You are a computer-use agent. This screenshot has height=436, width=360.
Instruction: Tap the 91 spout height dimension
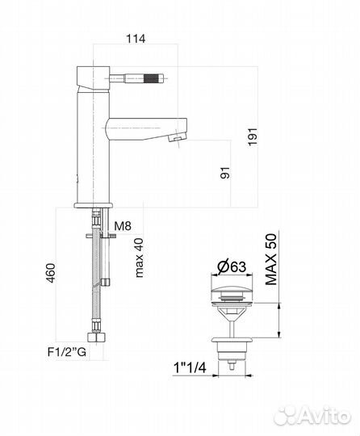[x=223, y=171]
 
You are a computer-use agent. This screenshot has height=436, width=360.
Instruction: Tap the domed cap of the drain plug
[x=232, y=288]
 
